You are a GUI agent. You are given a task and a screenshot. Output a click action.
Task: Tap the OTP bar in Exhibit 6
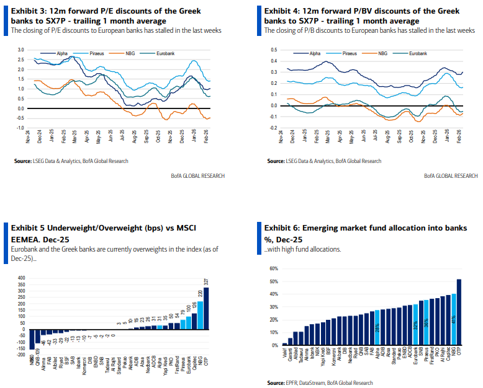[x=459, y=312]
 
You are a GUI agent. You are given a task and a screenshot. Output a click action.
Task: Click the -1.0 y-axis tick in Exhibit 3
[x=20, y=128]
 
